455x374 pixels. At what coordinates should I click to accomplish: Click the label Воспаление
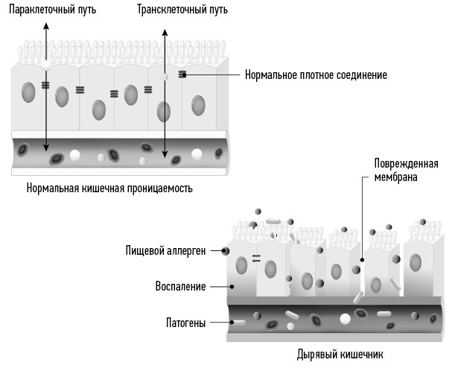click(x=179, y=286)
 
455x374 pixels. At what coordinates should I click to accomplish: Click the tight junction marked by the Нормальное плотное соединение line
click(x=182, y=75)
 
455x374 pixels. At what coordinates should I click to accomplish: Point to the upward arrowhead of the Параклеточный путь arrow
click(x=46, y=25)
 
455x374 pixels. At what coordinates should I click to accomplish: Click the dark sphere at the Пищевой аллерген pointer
click(x=225, y=251)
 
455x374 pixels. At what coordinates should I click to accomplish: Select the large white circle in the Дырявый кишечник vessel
click(x=345, y=319)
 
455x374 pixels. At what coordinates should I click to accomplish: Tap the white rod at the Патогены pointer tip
click(x=239, y=323)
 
